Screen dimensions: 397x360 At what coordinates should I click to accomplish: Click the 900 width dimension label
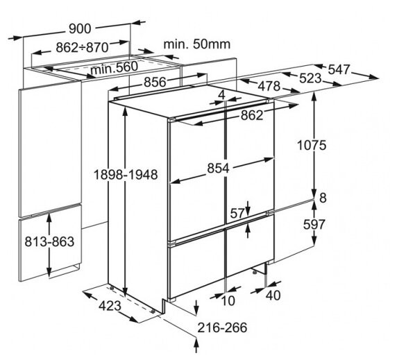click(80, 28)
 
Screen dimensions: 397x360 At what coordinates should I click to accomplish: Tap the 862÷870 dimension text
click(82, 47)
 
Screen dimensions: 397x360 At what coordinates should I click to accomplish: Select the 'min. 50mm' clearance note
click(197, 44)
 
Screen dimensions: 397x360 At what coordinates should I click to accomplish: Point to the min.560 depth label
click(115, 67)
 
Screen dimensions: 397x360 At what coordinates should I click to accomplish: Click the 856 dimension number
click(155, 82)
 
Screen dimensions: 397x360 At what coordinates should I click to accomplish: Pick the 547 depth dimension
click(339, 69)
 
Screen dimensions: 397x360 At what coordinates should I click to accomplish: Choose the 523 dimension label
click(310, 78)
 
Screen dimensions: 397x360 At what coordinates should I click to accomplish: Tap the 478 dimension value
click(269, 86)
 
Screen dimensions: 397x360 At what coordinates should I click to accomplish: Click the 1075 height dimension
click(312, 146)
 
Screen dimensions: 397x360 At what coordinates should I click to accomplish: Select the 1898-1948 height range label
click(126, 175)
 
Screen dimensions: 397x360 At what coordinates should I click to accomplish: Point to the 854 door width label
click(218, 169)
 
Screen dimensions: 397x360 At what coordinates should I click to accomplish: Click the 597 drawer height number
click(314, 225)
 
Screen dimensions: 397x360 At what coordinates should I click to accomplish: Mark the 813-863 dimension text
click(49, 241)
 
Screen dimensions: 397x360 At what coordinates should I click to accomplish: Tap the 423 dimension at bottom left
click(110, 306)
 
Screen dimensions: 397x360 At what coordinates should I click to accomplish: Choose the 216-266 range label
click(222, 327)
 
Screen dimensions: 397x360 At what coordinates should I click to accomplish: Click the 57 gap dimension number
click(237, 214)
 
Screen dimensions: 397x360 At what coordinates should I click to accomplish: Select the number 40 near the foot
click(273, 295)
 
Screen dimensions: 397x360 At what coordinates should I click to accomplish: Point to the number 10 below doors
click(228, 301)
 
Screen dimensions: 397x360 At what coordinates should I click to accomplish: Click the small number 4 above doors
click(222, 95)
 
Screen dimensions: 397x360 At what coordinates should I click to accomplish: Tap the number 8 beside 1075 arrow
click(323, 198)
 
